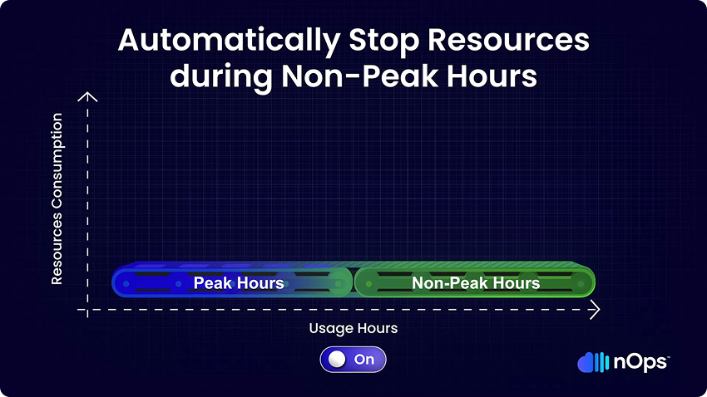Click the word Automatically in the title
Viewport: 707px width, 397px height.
229,42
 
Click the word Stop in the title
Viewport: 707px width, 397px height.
384,42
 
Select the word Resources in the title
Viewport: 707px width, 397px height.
508,40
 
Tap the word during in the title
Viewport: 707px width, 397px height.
221,76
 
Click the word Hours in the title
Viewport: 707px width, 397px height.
492,75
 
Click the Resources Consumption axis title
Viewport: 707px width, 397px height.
57,198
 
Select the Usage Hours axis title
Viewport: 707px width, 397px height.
353,328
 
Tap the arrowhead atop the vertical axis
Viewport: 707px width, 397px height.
87,96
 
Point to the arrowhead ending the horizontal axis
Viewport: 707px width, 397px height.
596,310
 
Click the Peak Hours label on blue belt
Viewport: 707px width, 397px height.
239,283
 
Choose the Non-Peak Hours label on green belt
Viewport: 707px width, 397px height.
476,283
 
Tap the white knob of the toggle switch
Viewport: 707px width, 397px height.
337,359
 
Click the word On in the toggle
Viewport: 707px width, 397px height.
364,359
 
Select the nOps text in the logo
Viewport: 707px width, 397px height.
640,362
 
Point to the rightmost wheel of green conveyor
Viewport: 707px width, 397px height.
581,283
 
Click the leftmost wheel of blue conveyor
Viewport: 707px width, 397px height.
126,283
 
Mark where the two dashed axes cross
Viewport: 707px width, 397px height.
87,310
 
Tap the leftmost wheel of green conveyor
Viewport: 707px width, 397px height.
368,283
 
